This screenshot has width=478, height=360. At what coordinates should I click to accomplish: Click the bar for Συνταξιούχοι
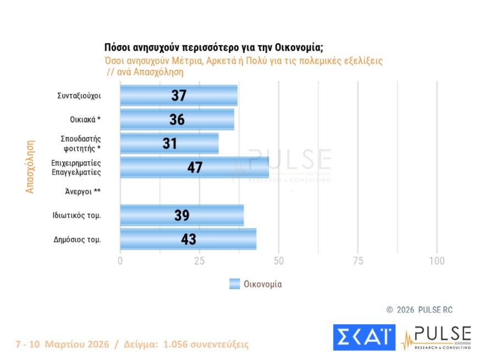pos(179,96)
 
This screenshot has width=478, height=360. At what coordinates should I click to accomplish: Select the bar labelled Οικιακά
pos(177,120)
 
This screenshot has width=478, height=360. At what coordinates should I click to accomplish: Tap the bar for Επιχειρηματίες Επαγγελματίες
pos(194,168)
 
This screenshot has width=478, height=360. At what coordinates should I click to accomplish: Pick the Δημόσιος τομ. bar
pos(188,239)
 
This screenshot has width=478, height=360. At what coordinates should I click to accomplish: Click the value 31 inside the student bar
pos(170,144)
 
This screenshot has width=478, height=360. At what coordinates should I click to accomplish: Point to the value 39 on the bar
pos(182,215)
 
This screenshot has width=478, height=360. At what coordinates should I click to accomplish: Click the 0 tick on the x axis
pos(120,261)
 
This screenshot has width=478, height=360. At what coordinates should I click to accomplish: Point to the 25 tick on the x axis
pos(199,261)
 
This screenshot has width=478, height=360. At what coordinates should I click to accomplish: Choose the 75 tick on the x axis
pos(358,261)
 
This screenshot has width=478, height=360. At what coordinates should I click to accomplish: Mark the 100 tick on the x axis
pos(436,261)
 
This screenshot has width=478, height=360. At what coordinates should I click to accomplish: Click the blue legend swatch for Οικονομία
pos(234,284)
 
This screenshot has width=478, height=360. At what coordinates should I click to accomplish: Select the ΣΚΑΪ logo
pos(364,337)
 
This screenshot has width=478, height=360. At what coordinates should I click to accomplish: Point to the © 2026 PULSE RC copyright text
pos(419,310)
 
